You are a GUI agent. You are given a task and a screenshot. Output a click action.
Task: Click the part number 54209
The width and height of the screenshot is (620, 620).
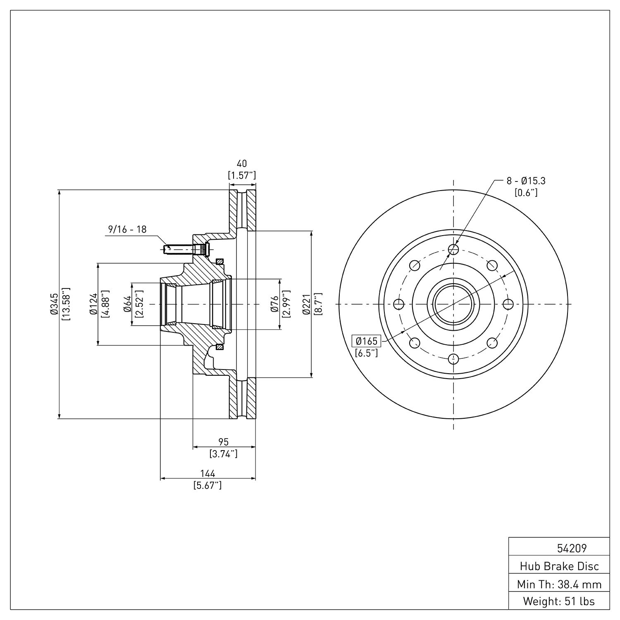click(x=571, y=548)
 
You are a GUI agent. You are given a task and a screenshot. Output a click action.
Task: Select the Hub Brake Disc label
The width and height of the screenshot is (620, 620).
click(x=559, y=566)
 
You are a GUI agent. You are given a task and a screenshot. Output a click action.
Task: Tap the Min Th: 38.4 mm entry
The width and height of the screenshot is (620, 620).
click(x=559, y=584)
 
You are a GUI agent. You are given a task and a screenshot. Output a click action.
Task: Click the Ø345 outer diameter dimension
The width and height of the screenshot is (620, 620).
click(x=54, y=304)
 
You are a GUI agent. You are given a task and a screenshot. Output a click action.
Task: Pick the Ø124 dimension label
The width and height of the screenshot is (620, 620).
click(x=93, y=304)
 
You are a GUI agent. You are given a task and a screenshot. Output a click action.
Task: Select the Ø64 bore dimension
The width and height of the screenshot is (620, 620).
click(x=127, y=304)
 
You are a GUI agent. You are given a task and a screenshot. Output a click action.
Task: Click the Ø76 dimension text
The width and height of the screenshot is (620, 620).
click(x=274, y=304)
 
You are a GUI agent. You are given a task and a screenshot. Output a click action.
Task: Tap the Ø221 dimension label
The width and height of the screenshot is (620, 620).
click(x=306, y=304)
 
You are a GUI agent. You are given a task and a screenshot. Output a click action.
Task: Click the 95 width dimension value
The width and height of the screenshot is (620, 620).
click(x=223, y=442)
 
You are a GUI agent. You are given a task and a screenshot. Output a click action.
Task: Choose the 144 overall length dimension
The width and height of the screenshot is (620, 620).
click(x=207, y=473)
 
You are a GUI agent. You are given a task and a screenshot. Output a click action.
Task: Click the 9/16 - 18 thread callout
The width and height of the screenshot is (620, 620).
click(x=127, y=229)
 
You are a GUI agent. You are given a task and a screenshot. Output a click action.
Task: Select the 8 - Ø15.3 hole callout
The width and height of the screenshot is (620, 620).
click(x=526, y=181)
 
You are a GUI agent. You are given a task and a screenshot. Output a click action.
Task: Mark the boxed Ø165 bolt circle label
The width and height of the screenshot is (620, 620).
click(x=367, y=341)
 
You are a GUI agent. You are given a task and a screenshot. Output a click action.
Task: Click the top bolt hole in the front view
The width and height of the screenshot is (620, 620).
click(x=453, y=249)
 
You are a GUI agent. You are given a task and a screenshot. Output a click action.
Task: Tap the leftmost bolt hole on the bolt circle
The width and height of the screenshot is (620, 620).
click(x=399, y=304)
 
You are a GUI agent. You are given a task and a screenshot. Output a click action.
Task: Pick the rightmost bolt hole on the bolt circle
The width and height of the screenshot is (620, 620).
click(x=508, y=304)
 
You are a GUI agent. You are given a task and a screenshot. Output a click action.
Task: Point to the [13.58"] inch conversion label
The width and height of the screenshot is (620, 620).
click(x=66, y=304)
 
